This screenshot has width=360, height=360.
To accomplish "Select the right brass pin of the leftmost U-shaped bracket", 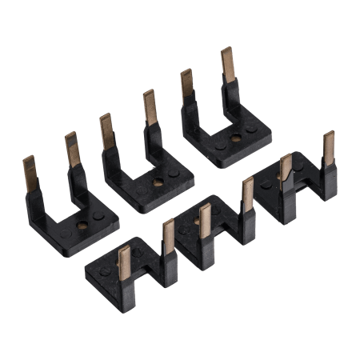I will point(71,149).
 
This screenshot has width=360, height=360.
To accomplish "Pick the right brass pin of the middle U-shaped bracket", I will point(149,108).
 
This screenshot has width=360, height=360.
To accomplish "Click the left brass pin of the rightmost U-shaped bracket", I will point(186,83).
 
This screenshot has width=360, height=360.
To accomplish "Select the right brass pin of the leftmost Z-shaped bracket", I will point(169,237).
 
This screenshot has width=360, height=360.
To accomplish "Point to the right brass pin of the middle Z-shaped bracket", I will point(248,196).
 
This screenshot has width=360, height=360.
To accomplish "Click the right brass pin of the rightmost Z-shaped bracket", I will point(328,148).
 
